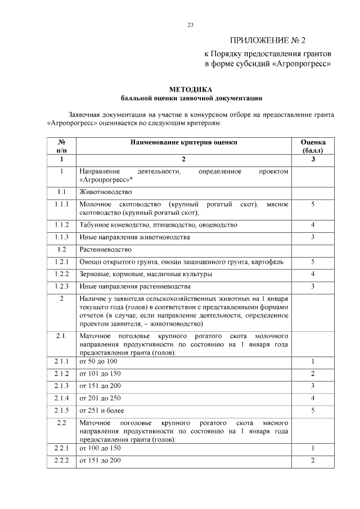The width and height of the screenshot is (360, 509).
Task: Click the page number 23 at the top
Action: tap(190, 24)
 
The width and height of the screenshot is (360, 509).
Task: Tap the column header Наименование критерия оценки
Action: tap(184, 142)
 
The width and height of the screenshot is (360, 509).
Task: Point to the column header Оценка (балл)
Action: tap(313, 146)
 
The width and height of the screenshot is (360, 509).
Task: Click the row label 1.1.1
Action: tap(62, 204)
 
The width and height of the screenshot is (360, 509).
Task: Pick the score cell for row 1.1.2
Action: tap(313, 224)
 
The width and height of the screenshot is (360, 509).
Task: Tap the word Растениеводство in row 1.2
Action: tap(106, 249)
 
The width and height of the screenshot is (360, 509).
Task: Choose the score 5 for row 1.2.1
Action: tap(313, 262)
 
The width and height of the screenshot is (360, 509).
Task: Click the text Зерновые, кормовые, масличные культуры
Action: tap(146, 274)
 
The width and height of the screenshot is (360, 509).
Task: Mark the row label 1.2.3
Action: tap(62, 286)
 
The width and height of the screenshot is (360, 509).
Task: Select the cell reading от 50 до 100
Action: tap(98, 361)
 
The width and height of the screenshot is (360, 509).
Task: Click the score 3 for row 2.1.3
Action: tap(313, 385)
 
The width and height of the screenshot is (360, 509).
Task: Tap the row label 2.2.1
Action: tap(62, 448)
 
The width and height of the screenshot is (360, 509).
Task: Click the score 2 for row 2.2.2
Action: tap(313, 460)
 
